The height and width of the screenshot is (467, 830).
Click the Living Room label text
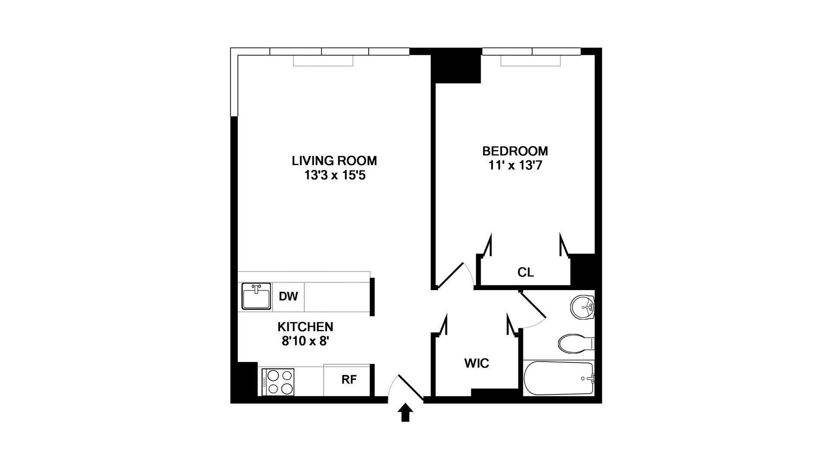pyautogui.click(x=334, y=161)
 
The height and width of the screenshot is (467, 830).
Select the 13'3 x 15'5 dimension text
pyautogui.click(x=334, y=176)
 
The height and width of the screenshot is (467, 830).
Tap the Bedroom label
pyautogui.click(x=515, y=151)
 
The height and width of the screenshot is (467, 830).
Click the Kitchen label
pyautogui.click(x=305, y=326)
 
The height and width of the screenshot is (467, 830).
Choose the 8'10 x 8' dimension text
pyautogui.click(x=306, y=341)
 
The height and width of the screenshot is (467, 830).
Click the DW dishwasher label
pyautogui.click(x=288, y=297)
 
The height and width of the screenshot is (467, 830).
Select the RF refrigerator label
pyautogui.click(x=349, y=380)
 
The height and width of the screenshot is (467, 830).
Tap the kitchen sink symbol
pyautogui.click(x=256, y=296)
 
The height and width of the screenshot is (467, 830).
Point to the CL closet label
pyautogui.click(x=525, y=272)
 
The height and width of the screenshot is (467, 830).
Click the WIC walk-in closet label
pyautogui.click(x=476, y=363)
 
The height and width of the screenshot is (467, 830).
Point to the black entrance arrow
pyautogui.click(x=405, y=413)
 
